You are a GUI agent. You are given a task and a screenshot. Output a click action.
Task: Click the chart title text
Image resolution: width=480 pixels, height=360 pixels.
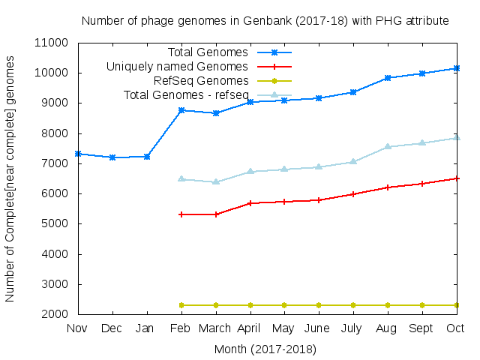click(x=265, y=21)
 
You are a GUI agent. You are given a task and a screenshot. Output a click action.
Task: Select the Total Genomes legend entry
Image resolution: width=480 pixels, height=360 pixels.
click(x=208, y=52)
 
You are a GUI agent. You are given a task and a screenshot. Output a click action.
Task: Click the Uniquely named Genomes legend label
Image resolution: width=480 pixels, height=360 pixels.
click(x=177, y=67)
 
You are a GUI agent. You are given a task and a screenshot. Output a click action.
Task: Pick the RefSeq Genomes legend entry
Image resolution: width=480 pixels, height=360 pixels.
click(x=200, y=81)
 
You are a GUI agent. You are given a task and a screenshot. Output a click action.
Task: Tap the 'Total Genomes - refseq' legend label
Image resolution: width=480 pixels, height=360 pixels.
click(x=185, y=95)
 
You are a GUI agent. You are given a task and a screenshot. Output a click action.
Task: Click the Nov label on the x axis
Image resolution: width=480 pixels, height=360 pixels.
click(x=77, y=328)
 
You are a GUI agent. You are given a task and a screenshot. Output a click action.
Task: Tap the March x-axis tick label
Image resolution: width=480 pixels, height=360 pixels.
click(x=216, y=328)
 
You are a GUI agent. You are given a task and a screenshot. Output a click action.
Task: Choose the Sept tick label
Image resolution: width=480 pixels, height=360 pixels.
click(x=422, y=328)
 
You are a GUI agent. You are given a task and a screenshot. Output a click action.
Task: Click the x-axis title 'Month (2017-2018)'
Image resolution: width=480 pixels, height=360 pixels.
click(x=265, y=349)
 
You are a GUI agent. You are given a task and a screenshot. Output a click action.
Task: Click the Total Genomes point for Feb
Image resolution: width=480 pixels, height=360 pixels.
click(x=181, y=110)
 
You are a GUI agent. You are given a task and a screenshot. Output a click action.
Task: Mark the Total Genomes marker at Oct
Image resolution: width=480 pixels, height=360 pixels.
click(x=457, y=68)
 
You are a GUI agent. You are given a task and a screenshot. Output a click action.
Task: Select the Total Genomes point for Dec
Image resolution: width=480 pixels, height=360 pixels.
click(x=112, y=157)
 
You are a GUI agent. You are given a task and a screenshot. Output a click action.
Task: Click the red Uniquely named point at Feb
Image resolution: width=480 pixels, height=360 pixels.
click(x=181, y=214)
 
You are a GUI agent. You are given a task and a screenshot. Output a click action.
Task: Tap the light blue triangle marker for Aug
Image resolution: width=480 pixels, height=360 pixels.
click(x=388, y=147)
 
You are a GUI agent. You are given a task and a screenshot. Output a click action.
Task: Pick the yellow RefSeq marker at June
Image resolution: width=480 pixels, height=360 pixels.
click(x=319, y=305)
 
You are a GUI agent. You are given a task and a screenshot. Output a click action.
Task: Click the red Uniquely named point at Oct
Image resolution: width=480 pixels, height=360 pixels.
click(x=457, y=178)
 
